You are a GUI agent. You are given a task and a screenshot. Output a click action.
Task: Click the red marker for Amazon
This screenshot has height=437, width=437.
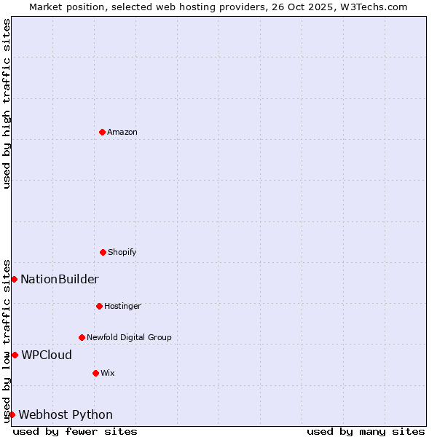pyautogui.click(x=102, y=132)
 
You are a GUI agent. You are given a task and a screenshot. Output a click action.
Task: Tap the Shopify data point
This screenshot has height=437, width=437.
pyautogui.click(x=103, y=252)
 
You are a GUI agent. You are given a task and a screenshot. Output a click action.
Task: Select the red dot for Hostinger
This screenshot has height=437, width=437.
pyautogui.click(x=99, y=306)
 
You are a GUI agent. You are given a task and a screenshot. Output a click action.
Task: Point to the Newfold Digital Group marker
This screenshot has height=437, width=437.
pyautogui.click(x=82, y=337)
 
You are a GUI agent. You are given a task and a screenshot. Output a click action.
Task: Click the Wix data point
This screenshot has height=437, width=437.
pyautogui.click(x=95, y=373)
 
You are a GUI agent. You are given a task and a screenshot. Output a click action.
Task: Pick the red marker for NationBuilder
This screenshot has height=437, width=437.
pyautogui.click(x=14, y=279)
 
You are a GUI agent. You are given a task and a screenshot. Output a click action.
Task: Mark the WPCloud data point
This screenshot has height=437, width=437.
pyautogui.click(x=15, y=355)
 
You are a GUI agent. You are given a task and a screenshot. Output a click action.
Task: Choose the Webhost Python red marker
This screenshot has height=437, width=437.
pyautogui.click(x=12, y=414)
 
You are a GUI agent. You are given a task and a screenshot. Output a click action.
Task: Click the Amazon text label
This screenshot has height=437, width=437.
pyautogui.click(x=122, y=132)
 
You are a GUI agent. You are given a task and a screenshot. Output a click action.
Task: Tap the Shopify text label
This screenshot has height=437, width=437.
pyautogui.click(x=122, y=252)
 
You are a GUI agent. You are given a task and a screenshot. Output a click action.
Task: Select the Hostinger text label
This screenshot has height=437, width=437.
pyautogui.click(x=122, y=306)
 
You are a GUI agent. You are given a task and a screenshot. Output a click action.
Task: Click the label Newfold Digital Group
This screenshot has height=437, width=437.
pyautogui.click(x=129, y=337)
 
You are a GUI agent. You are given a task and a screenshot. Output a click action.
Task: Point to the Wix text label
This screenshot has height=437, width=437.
pyautogui.click(x=108, y=373)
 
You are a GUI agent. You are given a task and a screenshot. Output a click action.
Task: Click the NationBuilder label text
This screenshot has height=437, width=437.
pyautogui.click(x=60, y=279)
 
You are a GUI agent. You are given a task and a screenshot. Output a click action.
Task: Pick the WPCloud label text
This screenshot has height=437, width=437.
pyautogui.click(x=47, y=355)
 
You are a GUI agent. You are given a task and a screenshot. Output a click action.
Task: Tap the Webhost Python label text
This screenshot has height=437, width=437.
pyautogui.click(x=66, y=414)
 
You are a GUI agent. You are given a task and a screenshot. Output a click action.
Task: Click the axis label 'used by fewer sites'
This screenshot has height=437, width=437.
pyautogui.click(x=75, y=431)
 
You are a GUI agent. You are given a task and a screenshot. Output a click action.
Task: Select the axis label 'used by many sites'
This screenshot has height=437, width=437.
pyautogui.click(x=366, y=431)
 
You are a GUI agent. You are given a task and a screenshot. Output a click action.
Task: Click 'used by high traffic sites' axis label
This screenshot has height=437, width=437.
pyautogui.click(x=7, y=103)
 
